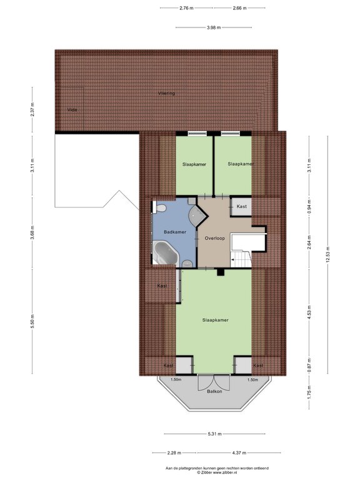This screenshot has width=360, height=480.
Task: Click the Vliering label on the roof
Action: [166, 93]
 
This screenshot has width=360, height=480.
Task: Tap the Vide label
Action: [72, 109]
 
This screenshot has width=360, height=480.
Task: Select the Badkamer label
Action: [174, 232]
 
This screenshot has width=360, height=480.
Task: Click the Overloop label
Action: [214, 239]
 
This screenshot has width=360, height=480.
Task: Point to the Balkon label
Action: [214, 392]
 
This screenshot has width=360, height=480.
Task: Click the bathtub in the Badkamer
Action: [166, 253]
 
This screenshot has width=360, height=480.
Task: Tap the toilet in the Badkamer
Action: [160, 208]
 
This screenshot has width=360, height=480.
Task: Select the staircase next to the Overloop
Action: [241, 257]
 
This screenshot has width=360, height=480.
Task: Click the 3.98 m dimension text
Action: [214, 27]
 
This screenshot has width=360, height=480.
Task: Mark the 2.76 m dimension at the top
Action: [186, 8]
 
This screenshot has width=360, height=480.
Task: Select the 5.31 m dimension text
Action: [214, 434]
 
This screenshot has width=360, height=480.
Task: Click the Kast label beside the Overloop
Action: [241, 206]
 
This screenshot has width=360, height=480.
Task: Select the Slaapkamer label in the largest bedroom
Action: [214, 319]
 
